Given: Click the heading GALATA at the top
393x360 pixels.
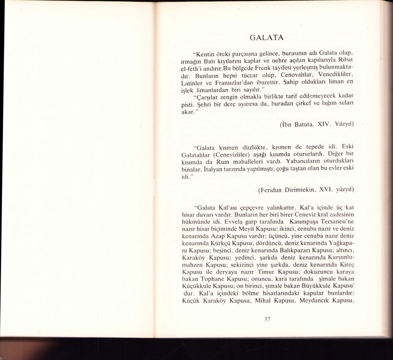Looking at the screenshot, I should click(x=266, y=38).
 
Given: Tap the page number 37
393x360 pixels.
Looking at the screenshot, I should click(x=267, y=319).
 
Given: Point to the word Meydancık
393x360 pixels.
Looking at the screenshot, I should click(x=314, y=301).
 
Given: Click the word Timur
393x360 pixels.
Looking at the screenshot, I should click(x=266, y=272).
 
